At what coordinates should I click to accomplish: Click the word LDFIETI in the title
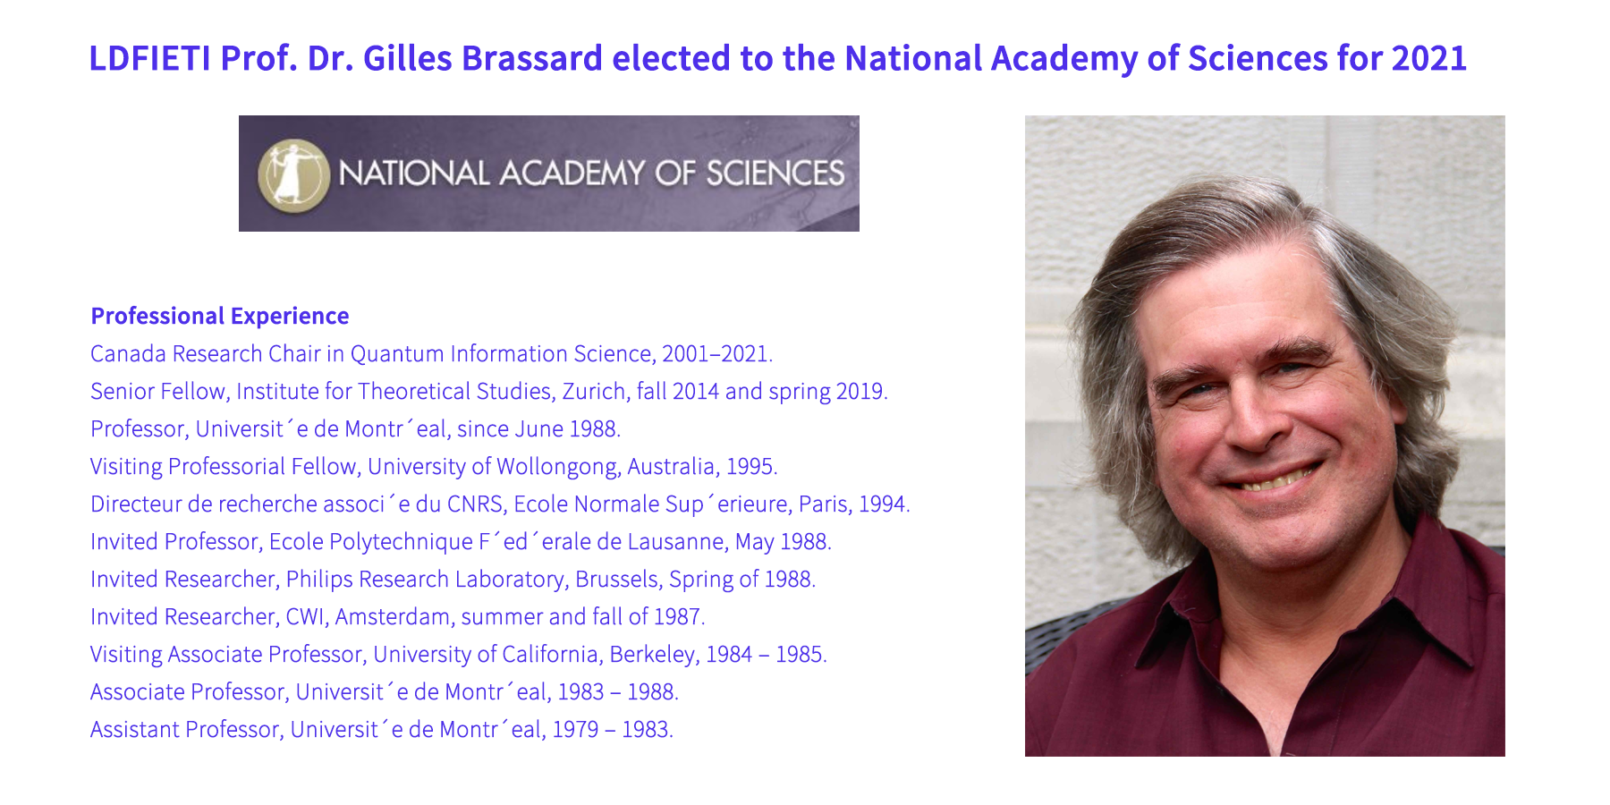pyautogui.click(x=150, y=58)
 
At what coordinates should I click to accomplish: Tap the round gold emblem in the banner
pyautogui.click(x=293, y=174)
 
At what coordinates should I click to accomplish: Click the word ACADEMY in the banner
pyautogui.click(x=572, y=174)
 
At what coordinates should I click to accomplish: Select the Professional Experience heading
pyautogui.click(x=220, y=316)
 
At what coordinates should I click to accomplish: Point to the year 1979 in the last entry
pyautogui.click(x=575, y=730)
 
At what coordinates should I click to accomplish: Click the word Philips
pyautogui.click(x=319, y=580)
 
